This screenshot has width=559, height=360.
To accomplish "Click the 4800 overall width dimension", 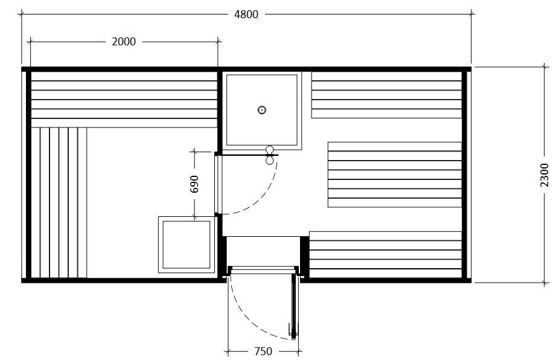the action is [246, 14].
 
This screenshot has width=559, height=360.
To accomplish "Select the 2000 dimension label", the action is [124, 42].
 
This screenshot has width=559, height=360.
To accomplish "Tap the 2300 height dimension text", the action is [545, 175].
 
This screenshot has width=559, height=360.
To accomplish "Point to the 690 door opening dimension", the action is [194, 184].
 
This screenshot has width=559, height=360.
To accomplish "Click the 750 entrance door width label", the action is [263, 352].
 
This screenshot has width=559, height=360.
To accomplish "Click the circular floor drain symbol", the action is [262, 110].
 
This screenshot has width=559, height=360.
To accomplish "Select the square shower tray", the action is [262, 110].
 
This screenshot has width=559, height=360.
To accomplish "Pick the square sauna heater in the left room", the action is [187, 245].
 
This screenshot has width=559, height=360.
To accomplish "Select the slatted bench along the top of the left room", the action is [124, 100].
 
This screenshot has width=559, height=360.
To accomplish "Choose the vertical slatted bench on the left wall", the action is [59, 203].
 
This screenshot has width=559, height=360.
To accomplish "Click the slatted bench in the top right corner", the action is [386, 95].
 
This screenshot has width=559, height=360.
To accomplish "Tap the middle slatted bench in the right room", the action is [395, 175].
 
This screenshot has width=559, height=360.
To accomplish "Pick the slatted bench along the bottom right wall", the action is [385, 255].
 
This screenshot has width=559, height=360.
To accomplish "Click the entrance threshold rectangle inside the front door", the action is [263, 251].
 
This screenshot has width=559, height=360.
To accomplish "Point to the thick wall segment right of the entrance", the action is [304, 256].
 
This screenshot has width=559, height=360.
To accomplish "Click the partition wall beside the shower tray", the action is [220, 111].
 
